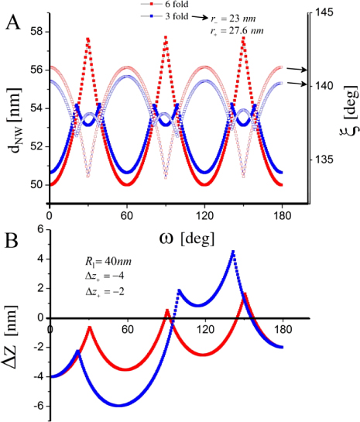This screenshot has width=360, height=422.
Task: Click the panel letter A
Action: point(14,22)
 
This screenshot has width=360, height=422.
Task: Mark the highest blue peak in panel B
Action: point(233,252)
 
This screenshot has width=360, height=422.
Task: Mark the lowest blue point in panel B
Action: point(117,405)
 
